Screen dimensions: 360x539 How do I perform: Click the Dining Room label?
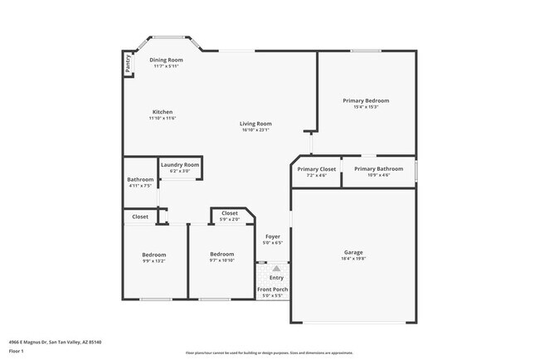click(166, 60)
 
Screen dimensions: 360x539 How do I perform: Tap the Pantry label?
click(129, 65)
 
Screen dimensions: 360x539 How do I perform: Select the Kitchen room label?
click(163, 112)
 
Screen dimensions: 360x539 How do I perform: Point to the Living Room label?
click(256, 124)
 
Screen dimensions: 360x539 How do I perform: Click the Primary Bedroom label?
click(366, 100)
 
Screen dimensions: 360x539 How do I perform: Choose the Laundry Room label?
click(180, 165)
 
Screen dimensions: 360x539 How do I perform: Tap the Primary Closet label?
click(317, 169)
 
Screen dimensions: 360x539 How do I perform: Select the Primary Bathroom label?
click(378, 169)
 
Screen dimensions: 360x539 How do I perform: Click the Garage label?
click(353, 252)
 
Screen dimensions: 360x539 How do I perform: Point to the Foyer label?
click(273, 236)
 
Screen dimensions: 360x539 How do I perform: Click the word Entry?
click(276, 278)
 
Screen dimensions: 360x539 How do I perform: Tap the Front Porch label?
click(272, 289)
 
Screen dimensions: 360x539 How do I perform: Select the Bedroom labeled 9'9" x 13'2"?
click(153, 255)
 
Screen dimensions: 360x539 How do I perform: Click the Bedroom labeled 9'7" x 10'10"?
click(221, 254)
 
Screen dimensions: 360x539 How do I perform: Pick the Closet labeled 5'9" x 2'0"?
click(230, 213)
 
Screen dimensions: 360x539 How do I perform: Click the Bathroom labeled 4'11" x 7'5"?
click(140, 180)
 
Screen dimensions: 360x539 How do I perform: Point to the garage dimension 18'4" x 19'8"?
click(353, 259)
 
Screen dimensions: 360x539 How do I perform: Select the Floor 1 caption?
click(16, 351)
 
